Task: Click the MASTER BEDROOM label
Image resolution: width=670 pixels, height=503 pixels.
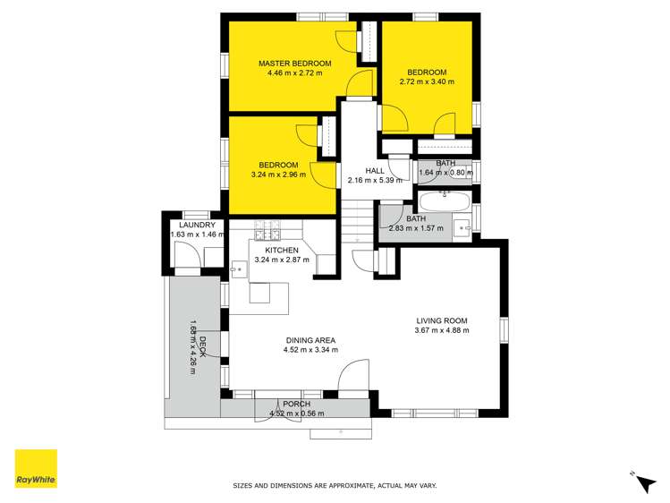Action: [x=294, y=64]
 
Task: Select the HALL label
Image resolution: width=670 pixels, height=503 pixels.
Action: [x=376, y=170]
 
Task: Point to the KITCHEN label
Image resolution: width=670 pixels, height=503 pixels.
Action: [x=281, y=251]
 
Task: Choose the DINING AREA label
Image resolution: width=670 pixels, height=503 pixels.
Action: [x=311, y=339]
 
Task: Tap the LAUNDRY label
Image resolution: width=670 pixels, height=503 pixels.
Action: [x=192, y=226]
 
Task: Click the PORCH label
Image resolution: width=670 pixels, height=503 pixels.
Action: [x=297, y=404]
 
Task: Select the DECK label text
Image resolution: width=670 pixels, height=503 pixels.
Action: [x=203, y=345]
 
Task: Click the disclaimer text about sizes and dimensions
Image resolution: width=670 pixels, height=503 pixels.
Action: [x=335, y=485]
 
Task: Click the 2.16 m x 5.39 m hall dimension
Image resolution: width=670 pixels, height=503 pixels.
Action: [x=376, y=180]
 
